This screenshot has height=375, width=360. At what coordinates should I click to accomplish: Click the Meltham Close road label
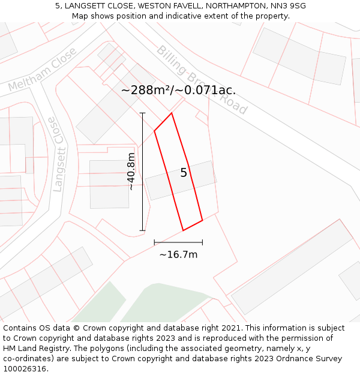[43, 70]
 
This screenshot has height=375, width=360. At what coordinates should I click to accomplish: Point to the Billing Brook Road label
[202, 80]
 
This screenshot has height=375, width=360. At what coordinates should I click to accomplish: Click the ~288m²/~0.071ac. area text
[178, 91]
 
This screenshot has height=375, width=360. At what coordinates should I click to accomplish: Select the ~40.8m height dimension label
[131, 172]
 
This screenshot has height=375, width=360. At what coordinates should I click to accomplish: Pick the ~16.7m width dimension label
[178, 254]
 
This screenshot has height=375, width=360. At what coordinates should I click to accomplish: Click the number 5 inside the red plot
[184, 173]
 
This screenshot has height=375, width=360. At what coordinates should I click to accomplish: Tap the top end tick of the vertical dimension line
[142, 113]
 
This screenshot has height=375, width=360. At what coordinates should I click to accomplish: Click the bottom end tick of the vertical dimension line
[142, 230]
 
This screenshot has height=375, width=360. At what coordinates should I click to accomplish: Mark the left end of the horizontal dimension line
[154, 242]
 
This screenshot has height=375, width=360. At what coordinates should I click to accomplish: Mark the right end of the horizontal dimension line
[202, 242]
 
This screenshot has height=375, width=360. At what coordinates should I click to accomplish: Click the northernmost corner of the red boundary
[172, 113]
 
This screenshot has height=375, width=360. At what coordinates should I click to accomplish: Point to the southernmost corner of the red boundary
[183, 230]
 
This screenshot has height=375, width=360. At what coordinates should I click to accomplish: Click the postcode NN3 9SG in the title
[289, 5]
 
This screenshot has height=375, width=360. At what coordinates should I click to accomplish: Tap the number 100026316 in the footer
[25, 369]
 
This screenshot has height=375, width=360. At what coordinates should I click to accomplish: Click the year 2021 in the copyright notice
[231, 328]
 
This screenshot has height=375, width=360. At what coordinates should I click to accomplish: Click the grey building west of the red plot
[109, 184]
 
